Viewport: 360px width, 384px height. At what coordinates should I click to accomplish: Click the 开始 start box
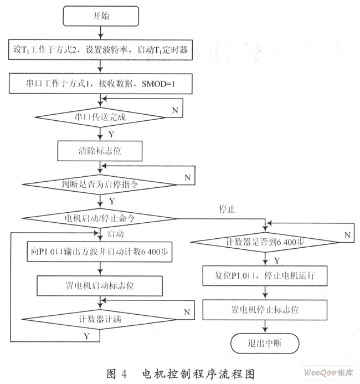(x=101, y=16)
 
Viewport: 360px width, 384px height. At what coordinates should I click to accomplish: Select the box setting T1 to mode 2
(x=100, y=50)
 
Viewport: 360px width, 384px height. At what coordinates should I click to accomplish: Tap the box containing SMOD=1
(x=100, y=84)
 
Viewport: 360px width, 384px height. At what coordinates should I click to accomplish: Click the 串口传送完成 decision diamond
(x=100, y=117)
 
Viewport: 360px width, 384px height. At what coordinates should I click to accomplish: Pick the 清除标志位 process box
(x=100, y=151)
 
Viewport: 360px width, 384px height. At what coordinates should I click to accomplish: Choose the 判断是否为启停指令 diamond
(x=100, y=185)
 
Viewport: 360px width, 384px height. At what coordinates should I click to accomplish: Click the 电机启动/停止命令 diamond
(x=100, y=218)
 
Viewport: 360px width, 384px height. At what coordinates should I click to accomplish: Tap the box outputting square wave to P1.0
(x=100, y=252)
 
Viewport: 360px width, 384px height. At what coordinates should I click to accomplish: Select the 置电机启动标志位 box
(x=100, y=286)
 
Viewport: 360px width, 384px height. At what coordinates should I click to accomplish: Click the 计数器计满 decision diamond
(x=100, y=319)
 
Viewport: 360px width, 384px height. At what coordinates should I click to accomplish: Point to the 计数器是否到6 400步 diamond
(x=265, y=242)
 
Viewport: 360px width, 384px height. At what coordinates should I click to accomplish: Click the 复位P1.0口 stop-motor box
(x=265, y=276)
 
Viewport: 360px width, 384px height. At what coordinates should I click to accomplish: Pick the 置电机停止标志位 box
(x=265, y=310)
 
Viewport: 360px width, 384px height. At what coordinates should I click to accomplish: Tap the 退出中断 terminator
(x=265, y=344)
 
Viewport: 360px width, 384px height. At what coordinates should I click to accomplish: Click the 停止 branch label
(x=227, y=209)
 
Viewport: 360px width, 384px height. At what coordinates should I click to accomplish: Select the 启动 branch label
(x=116, y=234)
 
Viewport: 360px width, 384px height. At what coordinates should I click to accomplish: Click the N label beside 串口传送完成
(x=175, y=110)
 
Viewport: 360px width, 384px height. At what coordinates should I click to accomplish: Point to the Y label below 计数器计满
(x=86, y=336)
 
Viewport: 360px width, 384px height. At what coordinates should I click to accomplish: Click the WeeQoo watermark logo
(x=328, y=373)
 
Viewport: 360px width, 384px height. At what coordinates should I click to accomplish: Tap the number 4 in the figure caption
(x=124, y=374)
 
